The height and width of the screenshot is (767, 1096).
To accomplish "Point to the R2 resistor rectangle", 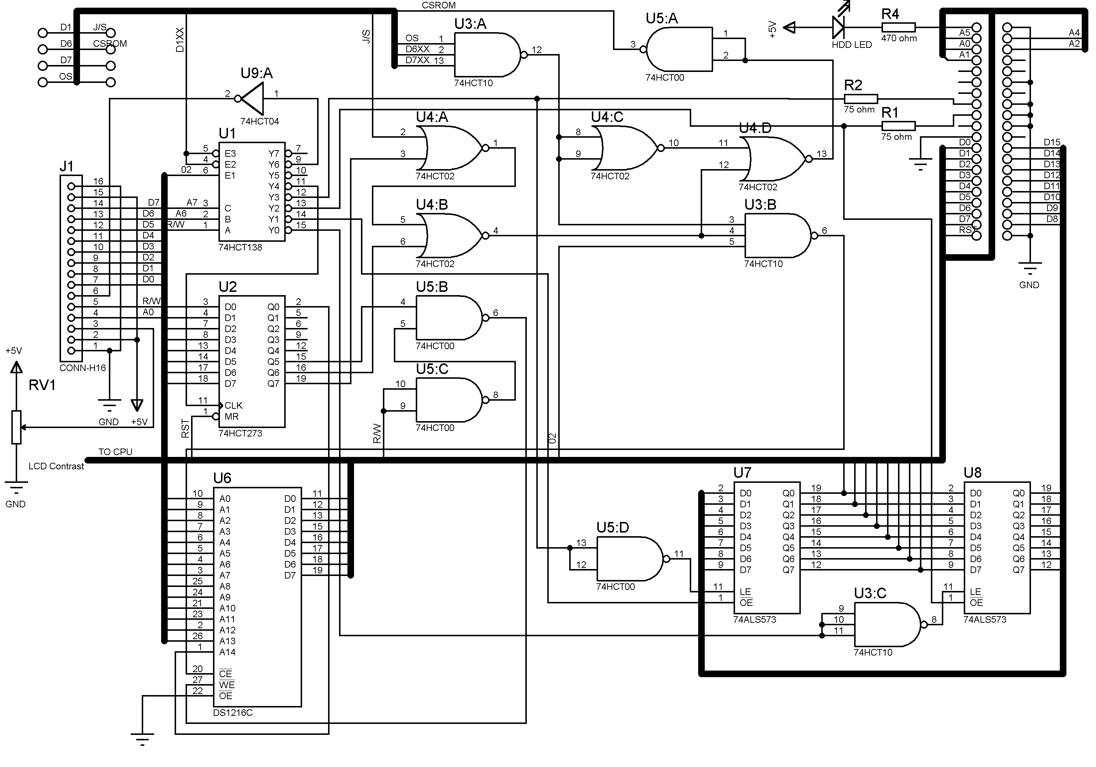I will coord(861,99).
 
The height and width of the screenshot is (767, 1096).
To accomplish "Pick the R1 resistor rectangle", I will coord(898,126).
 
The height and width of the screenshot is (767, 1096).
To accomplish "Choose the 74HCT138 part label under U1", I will coord(240,247).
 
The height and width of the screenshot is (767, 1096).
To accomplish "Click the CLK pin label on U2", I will coord(233,405).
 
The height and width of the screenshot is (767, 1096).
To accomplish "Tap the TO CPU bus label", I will coord(115,451).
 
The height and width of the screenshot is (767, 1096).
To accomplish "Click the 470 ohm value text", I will coord(899,39).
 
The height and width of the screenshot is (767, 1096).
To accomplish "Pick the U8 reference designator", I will coord(973,473).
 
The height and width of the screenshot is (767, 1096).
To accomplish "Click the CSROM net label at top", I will coord(439,5).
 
